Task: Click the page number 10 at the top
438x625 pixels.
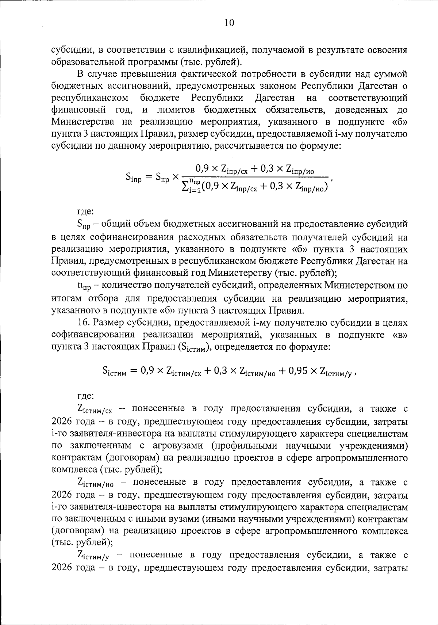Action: coord(229,23)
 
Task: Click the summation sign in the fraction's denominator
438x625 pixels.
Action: coord(185,187)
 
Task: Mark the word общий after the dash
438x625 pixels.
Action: coord(115,224)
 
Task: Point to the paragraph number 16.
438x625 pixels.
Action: coord(83,323)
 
